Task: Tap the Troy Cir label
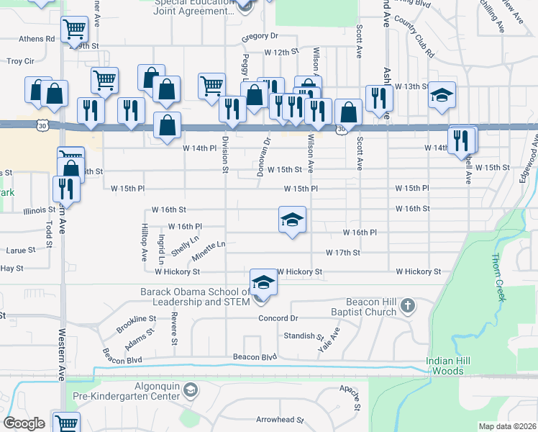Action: [20, 61]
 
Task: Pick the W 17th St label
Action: [342, 253]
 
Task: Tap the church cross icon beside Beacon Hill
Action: [407, 305]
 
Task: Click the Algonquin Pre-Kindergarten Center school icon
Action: [190, 391]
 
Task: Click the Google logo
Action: [24, 423]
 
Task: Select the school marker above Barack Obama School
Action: [263, 282]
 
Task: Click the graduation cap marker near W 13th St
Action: [442, 95]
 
